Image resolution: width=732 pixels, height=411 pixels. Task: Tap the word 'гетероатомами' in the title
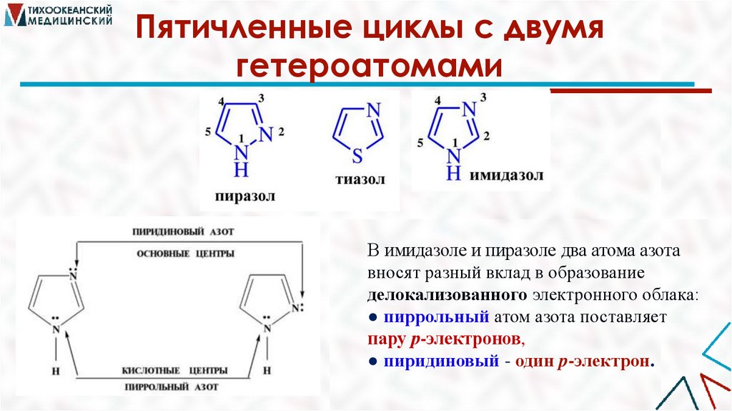[367, 67]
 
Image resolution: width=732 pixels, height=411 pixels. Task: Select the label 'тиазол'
[360, 179]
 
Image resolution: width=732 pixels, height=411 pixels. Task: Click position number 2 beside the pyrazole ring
[281, 131]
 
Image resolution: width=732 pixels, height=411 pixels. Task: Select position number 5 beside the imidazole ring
[421, 143]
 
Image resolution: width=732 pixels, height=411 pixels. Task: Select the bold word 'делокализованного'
[447, 295]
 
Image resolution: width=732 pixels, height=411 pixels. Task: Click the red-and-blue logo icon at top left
[13, 15]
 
